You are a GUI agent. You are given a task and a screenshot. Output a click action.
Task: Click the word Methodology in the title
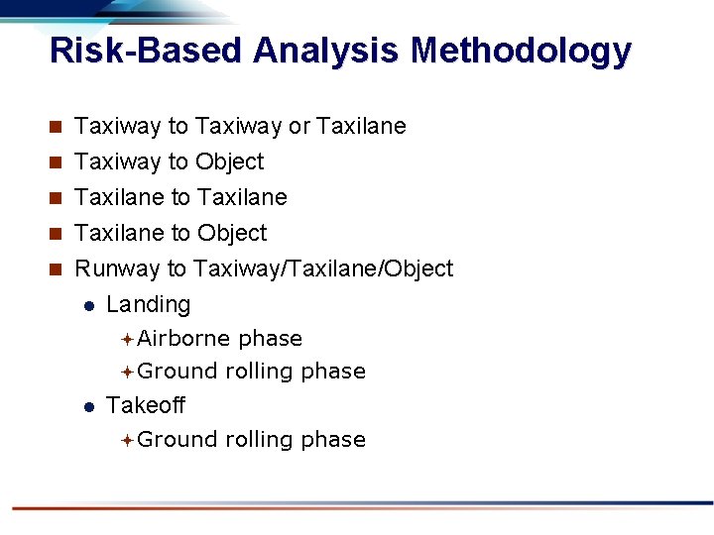tap(521, 50)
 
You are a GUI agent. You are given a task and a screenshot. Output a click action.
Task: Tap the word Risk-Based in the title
tap(146, 50)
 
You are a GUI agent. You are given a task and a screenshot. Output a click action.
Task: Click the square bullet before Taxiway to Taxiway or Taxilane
tap(57, 127)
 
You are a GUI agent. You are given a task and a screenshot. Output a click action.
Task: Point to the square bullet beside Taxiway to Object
tap(57, 162)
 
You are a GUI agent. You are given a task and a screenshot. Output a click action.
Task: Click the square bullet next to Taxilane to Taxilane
tap(57, 198)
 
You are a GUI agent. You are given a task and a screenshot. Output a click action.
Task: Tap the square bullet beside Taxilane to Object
tap(57, 234)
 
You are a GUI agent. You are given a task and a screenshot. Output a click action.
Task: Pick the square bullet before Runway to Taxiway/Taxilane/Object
tap(57, 269)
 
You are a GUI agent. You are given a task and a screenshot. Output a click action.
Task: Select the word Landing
tap(148, 305)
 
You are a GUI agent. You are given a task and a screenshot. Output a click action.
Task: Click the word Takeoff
tap(146, 405)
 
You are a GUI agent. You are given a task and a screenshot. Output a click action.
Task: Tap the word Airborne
tap(183, 339)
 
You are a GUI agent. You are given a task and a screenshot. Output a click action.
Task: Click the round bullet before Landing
tap(88, 306)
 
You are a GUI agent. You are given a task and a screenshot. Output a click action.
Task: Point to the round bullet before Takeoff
tap(88, 406)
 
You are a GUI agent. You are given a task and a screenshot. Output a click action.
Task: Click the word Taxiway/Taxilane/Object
tap(323, 269)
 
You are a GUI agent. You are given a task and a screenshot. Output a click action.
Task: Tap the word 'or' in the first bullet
tap(298, 127)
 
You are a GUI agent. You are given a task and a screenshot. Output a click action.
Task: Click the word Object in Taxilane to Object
tap(231, 234)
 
